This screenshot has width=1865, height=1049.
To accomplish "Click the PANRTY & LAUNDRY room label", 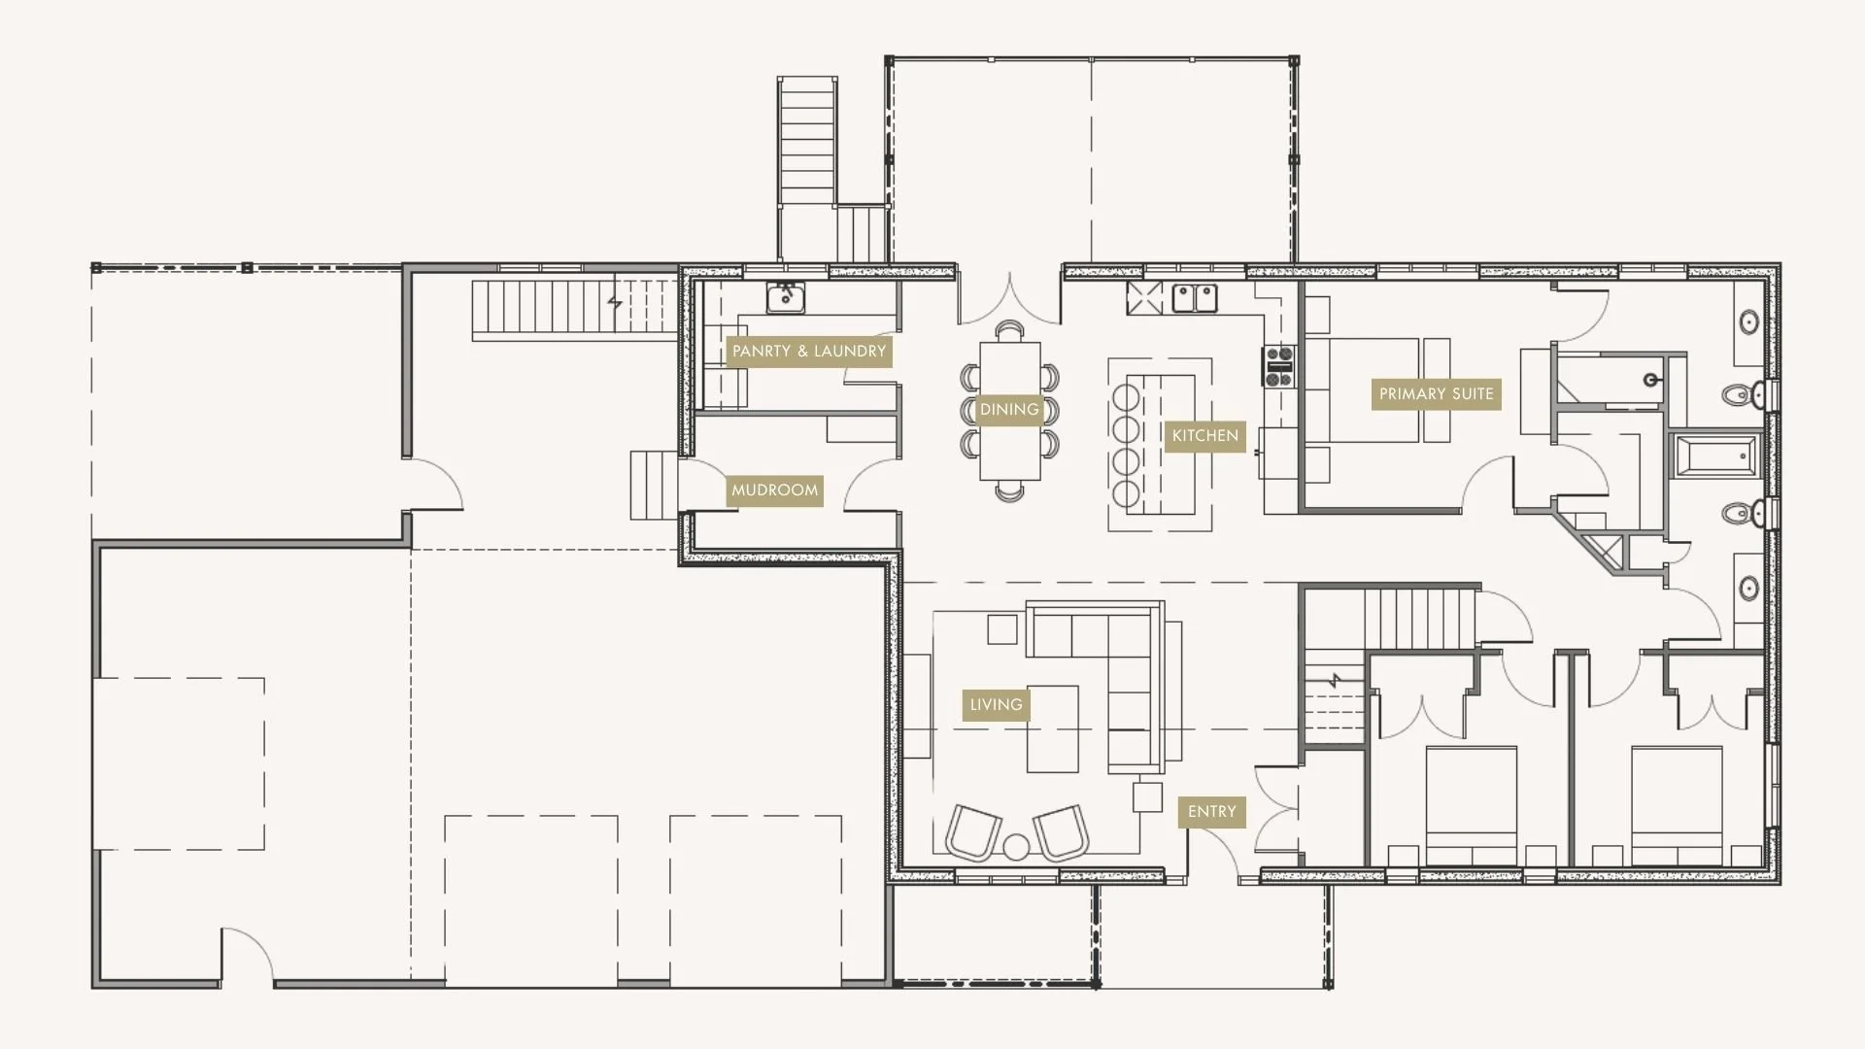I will (x=808, y=352).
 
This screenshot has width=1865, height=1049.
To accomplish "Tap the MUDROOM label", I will (x=774, y=491).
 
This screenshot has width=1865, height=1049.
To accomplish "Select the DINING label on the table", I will (x=1009, y=410).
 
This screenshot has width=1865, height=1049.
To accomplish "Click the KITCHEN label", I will (x=1204, y=436).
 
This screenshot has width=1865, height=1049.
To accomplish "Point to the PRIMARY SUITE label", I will (x=1436, y=394).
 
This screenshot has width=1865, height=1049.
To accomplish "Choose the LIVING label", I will (x=996, y=705).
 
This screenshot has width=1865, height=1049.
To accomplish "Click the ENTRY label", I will (x=1211, y=812).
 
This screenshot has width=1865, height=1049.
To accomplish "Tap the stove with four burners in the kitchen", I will (x=1278, y=366).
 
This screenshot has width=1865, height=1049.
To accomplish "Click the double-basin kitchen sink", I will (x=1194, y=297).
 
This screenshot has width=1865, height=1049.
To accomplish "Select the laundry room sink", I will (x=785, y=297).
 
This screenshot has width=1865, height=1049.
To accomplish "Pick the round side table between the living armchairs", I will (x=1016, y=847).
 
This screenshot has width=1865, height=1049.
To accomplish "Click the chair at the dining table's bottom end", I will (x=1009, y=492).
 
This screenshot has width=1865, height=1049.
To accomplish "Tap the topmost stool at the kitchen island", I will (x=1126, y=397).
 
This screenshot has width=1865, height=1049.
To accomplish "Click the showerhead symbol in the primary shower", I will (x=1650, y=380).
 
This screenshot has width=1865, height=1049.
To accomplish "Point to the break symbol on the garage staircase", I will (x=614, y=304).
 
